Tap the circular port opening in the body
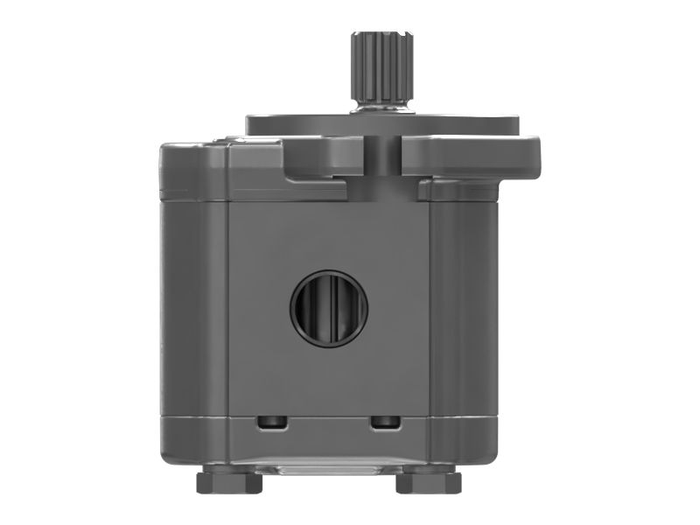329,307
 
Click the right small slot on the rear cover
385,423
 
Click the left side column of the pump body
192,306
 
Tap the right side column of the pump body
464,306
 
